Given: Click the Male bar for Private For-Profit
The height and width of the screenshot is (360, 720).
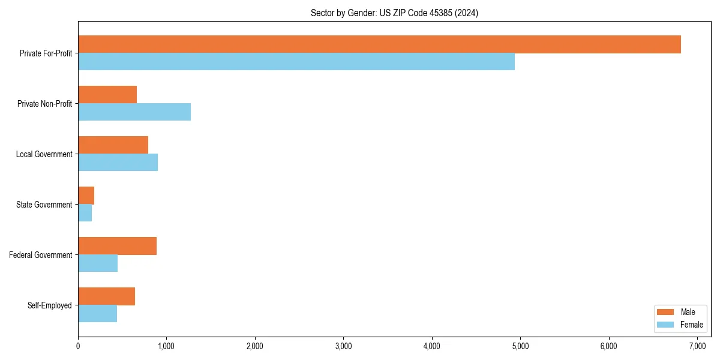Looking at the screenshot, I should [x=379, y=44].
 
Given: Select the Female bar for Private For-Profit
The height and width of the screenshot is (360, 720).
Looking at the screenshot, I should [x=296, y=62].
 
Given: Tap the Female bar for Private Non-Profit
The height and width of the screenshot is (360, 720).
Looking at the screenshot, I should [x=134, y=112].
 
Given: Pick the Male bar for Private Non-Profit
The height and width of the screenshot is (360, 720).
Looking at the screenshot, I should [x=107, y=95].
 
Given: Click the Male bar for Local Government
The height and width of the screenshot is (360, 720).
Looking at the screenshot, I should [x=113, y=145].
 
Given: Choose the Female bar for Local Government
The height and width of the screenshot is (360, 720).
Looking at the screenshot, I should [x=118, y=163].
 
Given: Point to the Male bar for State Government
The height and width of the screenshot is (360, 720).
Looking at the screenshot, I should [x=86, y=196].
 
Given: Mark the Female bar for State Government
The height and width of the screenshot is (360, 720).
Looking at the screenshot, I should [x=85, y=213].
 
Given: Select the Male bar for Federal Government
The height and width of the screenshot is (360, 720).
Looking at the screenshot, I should [x=117, y=246].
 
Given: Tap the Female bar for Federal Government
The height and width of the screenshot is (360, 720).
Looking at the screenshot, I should [x=98, y=263].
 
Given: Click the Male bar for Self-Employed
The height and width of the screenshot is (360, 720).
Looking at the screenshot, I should [x=106, y=296].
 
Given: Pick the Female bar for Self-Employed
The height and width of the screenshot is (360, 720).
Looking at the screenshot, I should [x=97, y=314].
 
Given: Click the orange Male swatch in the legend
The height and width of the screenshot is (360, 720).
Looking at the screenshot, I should [x=666, y=312].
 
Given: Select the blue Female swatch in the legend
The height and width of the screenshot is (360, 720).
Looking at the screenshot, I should [x=666, y=325].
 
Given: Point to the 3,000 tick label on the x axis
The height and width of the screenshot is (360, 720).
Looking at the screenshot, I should [x=343, y=346].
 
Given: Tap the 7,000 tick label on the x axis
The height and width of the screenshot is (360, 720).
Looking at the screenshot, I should [x=697, y=346].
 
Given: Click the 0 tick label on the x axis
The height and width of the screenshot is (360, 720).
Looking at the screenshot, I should [x=78, y=346].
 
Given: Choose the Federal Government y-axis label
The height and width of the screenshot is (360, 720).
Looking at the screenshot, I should [x=41, y=255].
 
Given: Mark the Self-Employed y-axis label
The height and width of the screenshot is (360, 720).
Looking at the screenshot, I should [x=50, y=305].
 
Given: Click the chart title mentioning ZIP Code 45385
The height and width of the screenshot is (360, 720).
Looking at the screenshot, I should [x=394, y=13].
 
